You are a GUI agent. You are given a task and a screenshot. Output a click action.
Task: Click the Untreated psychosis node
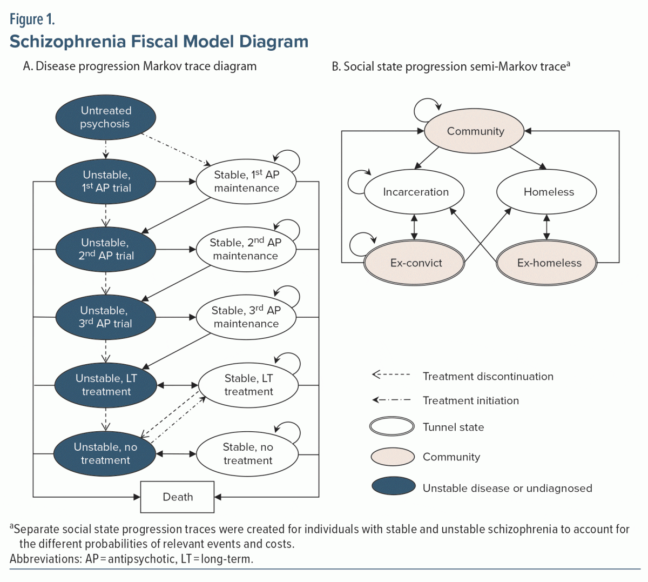106,117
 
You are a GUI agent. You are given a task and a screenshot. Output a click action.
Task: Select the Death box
178,497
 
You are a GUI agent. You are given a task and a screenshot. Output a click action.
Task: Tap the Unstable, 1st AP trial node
106,182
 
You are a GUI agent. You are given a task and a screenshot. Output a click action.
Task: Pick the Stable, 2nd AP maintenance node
246,249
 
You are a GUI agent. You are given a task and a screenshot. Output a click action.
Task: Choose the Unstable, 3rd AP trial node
106,317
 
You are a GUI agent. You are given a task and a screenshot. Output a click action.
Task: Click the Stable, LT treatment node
248,385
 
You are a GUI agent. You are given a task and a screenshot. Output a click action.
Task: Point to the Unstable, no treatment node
105,453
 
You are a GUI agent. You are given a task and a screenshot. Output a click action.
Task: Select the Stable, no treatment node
247,453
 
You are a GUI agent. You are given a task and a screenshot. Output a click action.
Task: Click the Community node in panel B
475,131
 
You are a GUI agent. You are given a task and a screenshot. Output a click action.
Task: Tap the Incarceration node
415,192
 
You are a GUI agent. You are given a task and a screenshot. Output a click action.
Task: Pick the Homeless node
548,192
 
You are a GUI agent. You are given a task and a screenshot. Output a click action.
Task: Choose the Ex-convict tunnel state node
415,263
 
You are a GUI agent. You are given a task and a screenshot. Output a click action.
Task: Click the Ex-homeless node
548,263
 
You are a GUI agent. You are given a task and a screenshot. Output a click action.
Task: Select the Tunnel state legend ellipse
392,427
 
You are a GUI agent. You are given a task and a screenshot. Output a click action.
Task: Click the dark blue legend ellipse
393,486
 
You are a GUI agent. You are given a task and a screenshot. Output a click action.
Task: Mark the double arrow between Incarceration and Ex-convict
414,227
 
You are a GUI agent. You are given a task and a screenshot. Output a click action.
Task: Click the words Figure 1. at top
32,20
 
